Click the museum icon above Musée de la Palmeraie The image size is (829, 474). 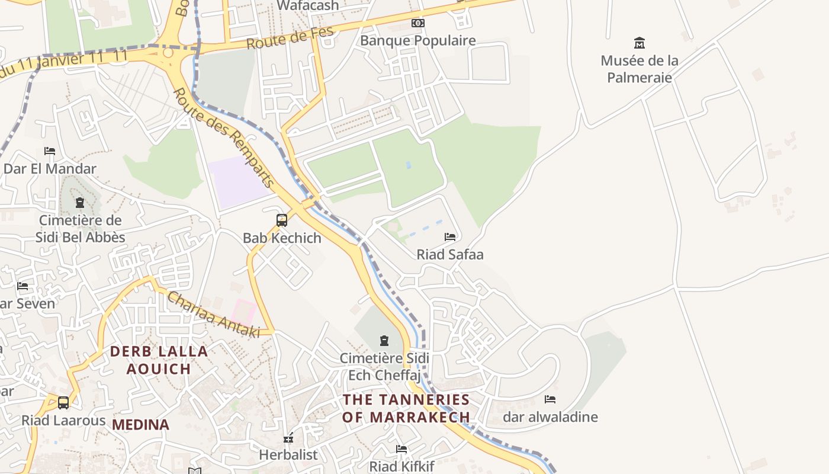point(640,43)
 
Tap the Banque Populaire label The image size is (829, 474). point(418,40)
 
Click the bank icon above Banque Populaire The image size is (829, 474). point(418,23)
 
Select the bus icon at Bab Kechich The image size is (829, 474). point(282,220)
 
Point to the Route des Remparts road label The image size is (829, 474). point(224,139)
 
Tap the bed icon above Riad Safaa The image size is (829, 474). point(450,237)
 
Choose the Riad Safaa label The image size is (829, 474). point(450,254)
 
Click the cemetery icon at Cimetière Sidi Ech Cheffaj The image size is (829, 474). point(384,341)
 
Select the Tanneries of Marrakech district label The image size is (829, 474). point(406,408)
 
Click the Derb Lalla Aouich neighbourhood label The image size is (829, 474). point(159,360)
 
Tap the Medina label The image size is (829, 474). point(140,424)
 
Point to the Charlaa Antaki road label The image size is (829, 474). point(213,314)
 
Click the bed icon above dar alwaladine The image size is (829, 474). point(550,399)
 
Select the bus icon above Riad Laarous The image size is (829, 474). point(63,403)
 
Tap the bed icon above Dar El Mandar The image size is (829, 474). point(50,151)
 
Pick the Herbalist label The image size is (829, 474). point(288,454)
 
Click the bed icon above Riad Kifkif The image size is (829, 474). point(401,449)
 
